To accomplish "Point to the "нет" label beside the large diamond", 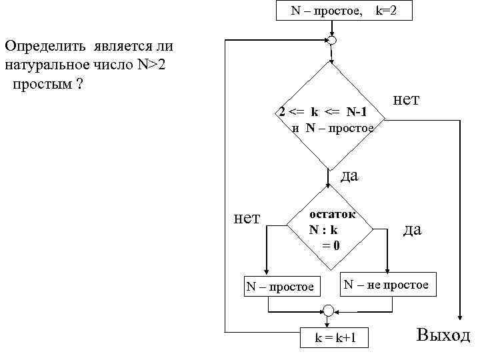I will (407, 99).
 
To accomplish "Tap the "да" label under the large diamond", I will (349, 176).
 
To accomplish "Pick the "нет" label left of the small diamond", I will (247, 217).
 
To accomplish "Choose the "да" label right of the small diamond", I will (413, 229).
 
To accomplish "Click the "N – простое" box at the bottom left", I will (280, 287).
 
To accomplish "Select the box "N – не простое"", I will (386, 285).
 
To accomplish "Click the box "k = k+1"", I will (335, 338).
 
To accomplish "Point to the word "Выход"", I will (443, 335).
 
